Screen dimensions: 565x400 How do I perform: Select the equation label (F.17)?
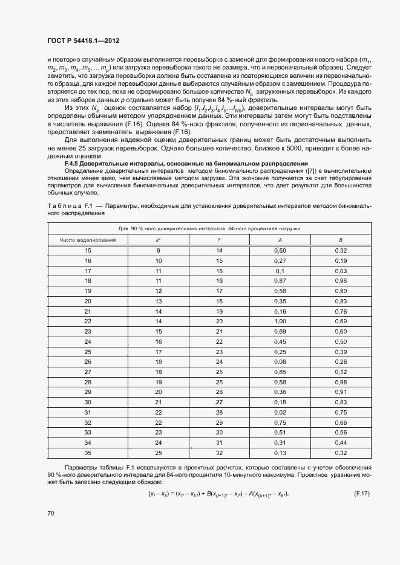tap(361, 494)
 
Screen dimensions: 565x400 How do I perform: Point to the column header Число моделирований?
tap(88, 240)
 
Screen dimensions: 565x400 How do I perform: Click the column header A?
tap(280, 240)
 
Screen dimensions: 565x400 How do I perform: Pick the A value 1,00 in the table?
tap(280, 321)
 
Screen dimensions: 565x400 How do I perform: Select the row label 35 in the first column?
tap(88, 453)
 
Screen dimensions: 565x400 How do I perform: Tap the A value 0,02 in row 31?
tap(280, 412)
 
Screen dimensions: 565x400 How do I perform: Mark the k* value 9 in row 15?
tap(159, 250)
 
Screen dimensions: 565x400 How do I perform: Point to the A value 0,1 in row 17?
tap(280, 271)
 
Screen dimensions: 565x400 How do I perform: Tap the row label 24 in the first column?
tap(88, 341)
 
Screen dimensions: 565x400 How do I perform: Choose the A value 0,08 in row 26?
tap(280, 361)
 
